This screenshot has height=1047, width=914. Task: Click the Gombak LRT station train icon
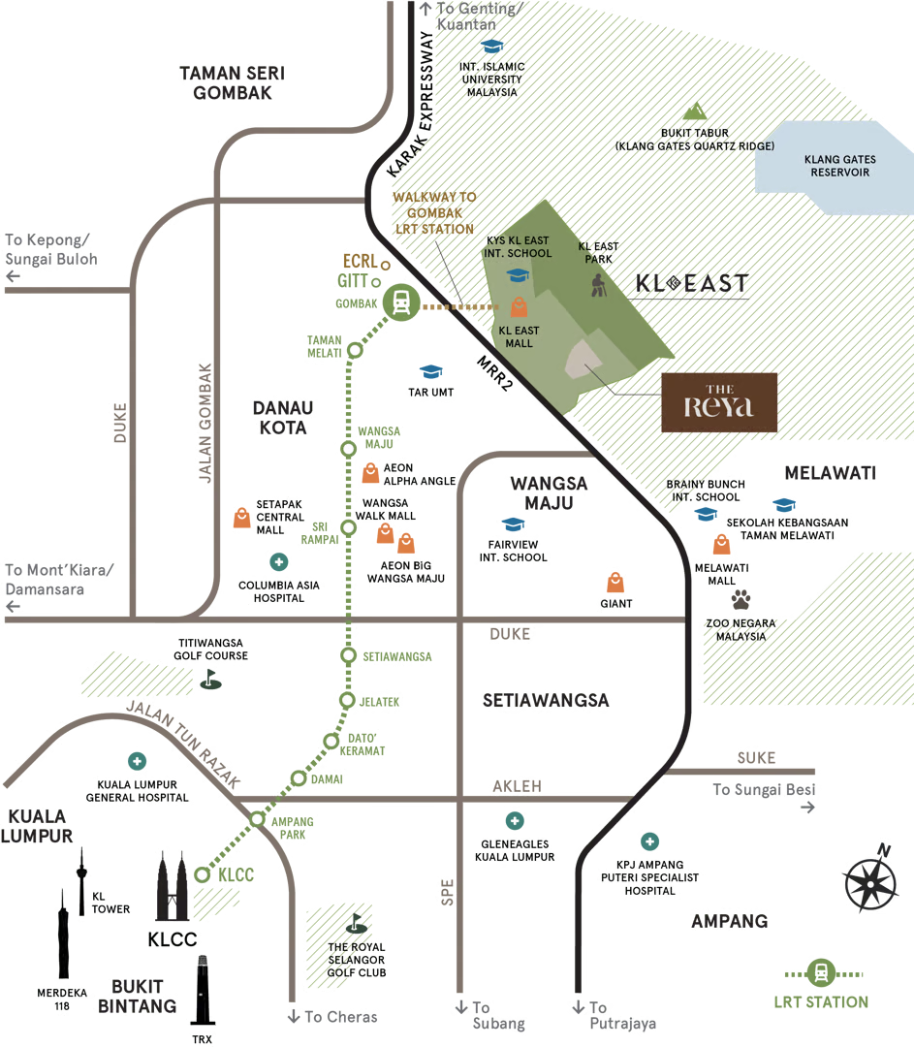(401, 302)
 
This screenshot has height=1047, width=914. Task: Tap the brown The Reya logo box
(719, 402)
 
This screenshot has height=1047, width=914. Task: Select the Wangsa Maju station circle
(349, 449)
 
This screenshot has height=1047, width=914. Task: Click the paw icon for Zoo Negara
(741, 599)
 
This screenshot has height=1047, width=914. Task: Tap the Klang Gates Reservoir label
(840, 166)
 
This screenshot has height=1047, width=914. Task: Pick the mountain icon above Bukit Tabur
(695, 111)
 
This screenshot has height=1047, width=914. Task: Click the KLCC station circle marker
(203, 874)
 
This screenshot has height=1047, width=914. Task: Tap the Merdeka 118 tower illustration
(63, 934)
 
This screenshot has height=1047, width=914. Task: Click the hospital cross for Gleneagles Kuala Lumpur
(514, 821)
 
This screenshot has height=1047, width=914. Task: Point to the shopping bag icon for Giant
(615, 583)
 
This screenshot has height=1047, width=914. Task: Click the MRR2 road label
(495, 372)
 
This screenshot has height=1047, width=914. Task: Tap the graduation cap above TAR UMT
(431, 370)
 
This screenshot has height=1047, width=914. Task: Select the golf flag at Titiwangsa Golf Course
(211, 680)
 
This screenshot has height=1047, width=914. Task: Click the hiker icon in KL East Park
(599, 285)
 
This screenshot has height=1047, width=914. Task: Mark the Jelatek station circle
(347, 701)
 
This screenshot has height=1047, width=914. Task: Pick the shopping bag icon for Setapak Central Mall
(241, 518)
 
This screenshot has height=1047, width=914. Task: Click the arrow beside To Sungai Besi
(807, 808)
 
